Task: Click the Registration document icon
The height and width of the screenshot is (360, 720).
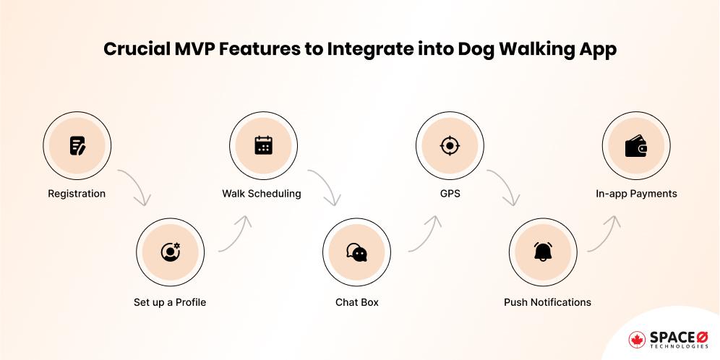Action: tap(77, 147)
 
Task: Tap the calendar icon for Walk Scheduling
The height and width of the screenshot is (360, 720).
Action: tap(262, 147)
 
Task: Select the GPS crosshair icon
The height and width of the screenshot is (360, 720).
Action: tap(449, 147)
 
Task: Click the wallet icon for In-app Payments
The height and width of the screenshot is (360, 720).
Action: tap(635, 147)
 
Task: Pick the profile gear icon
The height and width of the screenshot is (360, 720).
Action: tap(170, 252)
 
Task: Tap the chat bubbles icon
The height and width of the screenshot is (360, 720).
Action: tap(356, 252)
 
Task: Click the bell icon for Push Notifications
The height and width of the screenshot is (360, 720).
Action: tap(542, 252)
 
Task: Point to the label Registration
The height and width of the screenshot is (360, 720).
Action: tap(77, 194)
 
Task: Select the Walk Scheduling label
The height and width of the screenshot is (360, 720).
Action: tap(262, 194)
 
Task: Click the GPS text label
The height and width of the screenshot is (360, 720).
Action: tap(449, 194)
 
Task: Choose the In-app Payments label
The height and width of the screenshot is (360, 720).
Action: tap(636, 194)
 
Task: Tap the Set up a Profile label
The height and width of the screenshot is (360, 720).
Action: tap(170, 302)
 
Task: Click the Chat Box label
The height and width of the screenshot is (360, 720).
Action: tap(356, 302)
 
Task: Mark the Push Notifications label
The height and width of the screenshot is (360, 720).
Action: tap(547, 302)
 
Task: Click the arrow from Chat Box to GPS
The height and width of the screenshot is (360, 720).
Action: tap(427, 231)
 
